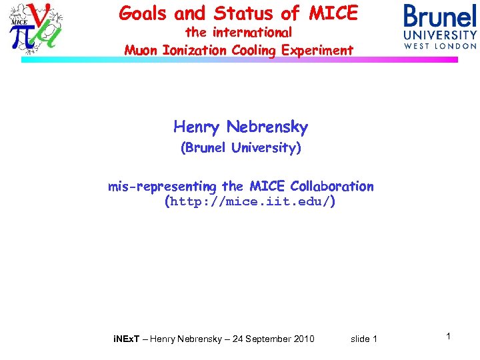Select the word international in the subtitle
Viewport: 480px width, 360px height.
pyautogui.click(x=252, y=32)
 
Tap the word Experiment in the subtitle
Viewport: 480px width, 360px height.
pyautogui.click(x=317, y=50)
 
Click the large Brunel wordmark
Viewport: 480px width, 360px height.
pyautogui.click(x=440, y=16)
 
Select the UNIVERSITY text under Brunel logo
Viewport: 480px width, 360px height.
pyautogui.click(x=440, y=35)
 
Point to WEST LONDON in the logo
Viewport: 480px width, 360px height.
pyautogui.click(x=440, y=46)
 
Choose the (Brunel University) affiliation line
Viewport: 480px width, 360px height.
pyautogui.click(x=241, y=148)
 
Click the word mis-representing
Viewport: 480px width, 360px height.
pyautogui.click(x=163, y=187)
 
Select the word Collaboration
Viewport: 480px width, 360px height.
pyautogui.click(x=332, y=187)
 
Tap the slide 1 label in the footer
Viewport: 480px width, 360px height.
pyautogui.click(x=364, y=339)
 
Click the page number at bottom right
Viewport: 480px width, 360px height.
pyautogui.click(x=449, y=337)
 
